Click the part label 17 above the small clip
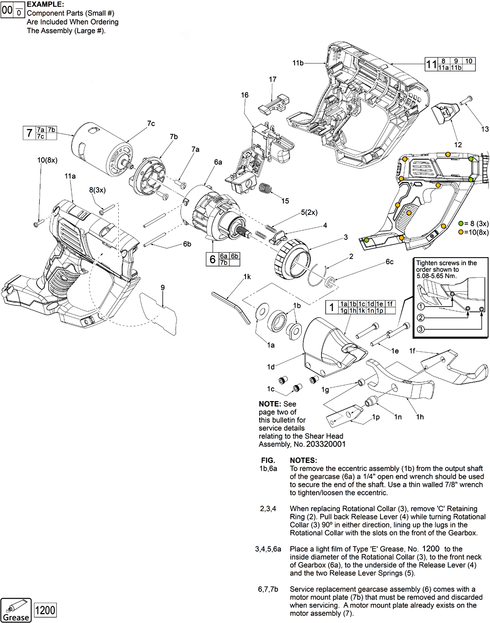pyautogui.click(x=273, y=79)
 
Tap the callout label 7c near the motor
pyautogui.click(x=151, y=124)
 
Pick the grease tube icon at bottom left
pyautogui.click(x=16, y=610)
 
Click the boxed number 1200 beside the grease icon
pyautogui.click(x=45, y=610)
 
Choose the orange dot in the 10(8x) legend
pyautogui.click(x=461, y=232)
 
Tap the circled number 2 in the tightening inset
pyautogui.click(x=421, y=318)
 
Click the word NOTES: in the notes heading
pyautogui.click(x=303, y=460)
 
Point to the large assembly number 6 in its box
pyautogui.click(x=212, y=260)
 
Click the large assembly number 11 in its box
pyautogui.click(x=431, y=64)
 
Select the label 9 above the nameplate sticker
pyautogui.click(x=163, y=287)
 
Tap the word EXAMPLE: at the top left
pyautogui.click(x=45, y=5)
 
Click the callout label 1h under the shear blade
pyautogui.click(x=420, y=417)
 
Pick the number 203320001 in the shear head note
pyautogui.click(x=326, y=444)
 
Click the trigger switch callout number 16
pyautogui.click(x=245, y=95)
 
